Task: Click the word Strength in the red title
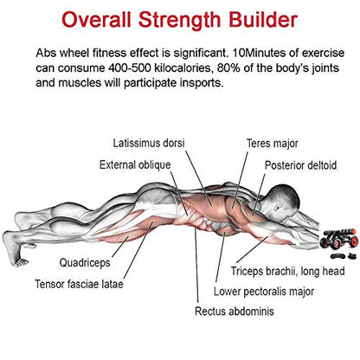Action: click(179, 20)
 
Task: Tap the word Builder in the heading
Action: click(263, 20)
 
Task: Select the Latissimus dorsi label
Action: click(148, 143)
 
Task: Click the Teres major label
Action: click(272, 144)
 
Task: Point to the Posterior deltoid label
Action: click(300, 165)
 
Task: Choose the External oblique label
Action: click(135, 165)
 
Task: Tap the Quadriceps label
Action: click(85, 263)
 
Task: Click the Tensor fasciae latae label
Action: click(79, 284)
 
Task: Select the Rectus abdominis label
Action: click(235, 312)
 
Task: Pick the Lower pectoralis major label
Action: click(264, 292)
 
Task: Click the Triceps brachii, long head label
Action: click(287, 271)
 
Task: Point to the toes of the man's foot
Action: click(21, 262)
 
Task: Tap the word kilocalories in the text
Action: click(184, 68)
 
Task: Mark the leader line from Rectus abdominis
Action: click(196, 265)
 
